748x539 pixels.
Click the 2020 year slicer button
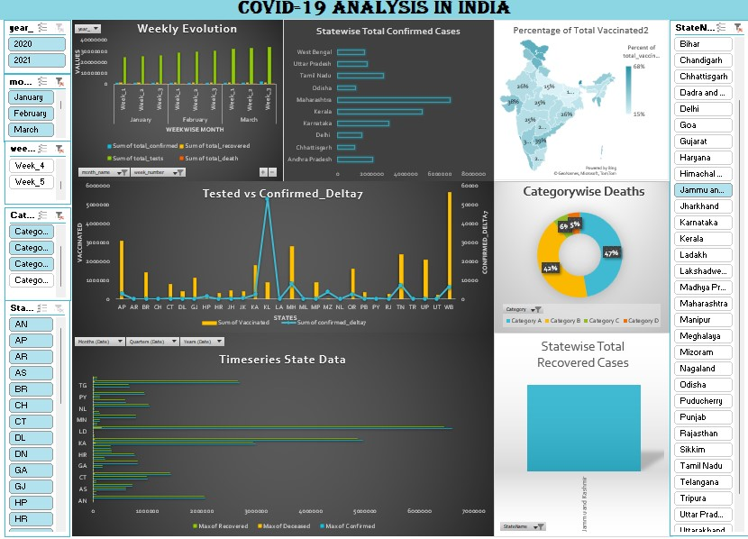point(36,43)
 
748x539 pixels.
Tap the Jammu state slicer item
point(703,190)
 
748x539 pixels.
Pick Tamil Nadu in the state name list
point(703,465)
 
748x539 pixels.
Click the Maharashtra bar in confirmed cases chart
point(394,100)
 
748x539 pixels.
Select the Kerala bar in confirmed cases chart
point(379,112)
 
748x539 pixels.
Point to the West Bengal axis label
point(314,52)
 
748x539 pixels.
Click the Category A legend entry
point(525,321)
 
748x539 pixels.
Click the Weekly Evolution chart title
point(187,29)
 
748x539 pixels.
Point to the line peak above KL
point(267,199)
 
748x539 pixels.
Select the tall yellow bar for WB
point(450,243)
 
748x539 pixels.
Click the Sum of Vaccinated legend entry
point(237,322)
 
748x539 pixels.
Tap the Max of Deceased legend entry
point(285,525)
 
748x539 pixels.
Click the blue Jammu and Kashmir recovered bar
point(583,427)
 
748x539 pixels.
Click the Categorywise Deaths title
point(583,191)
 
